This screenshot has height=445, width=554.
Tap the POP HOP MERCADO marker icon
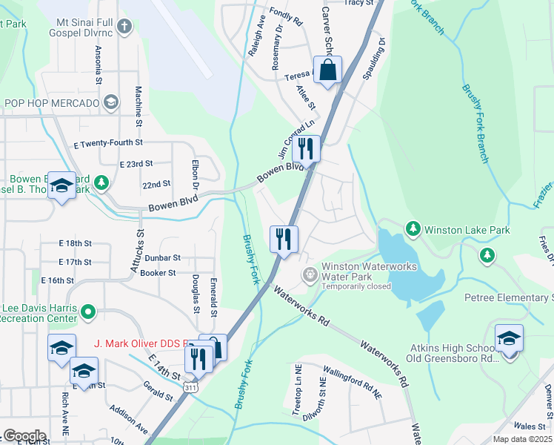click(x=110, y=102)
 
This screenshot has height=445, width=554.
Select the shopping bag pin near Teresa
click(x=327, y=71)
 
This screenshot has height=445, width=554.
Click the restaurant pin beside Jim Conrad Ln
click(x=305, y=150)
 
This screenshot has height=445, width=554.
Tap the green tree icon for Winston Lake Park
click(x=413, y=230)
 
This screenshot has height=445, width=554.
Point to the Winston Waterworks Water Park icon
click(x=310, y=274)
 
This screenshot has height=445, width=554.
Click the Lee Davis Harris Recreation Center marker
click(x=88, y=313)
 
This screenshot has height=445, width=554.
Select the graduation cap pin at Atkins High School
click(x=509, y=340)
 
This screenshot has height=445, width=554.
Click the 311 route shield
click(x=191, y=387)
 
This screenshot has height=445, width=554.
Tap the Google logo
click(x=24, y=435)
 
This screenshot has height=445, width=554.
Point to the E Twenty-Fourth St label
click(x=96, y=142)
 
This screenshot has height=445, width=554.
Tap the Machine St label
click(x=138, y=106)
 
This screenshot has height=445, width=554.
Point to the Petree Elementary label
click(x=508, y=298)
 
